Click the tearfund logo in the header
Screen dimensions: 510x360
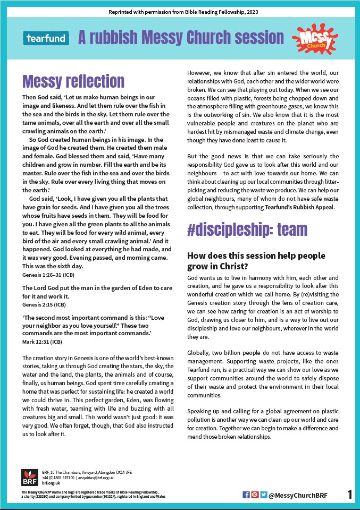pos(46,38)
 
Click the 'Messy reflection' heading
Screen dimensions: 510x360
pos(73,81)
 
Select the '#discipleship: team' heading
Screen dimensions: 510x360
pos(247,229)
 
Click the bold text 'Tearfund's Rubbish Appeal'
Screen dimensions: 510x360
pos(297,207)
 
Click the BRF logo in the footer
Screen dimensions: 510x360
pos(29,478)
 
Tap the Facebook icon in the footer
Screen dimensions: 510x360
pos(246,495)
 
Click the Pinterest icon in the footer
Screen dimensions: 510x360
pos(255,495)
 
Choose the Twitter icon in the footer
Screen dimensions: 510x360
pos(263,495)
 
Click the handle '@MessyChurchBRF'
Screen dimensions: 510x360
pos(298,496)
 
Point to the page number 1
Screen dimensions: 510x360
pos(350,495)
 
